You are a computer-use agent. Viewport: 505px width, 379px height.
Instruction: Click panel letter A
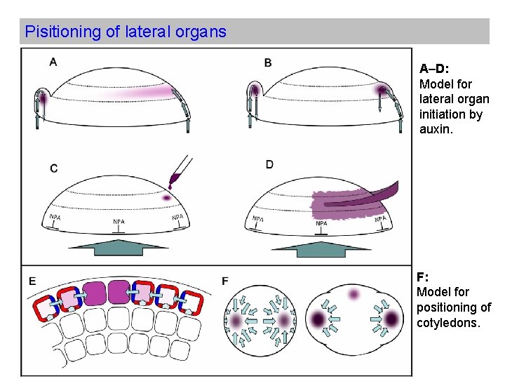53,62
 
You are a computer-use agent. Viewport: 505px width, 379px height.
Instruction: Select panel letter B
268,62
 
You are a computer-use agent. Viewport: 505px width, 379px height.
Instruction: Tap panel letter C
53,168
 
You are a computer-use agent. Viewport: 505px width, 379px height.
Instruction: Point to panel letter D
269,164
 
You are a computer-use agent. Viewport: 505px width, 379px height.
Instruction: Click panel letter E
32,281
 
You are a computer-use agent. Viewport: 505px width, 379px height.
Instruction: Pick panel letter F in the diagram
224,281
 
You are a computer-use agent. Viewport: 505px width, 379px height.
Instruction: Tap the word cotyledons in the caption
448,322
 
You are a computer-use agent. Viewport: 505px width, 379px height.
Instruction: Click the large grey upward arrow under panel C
119,248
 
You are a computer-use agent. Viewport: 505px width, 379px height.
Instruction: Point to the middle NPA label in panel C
119,221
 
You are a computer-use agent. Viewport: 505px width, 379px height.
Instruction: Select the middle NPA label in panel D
321,223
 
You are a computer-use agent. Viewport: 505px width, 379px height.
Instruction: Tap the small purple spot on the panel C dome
166,198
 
